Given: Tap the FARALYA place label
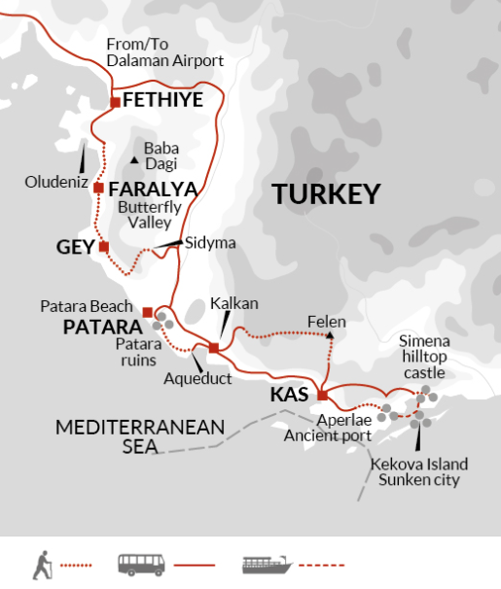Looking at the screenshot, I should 153,189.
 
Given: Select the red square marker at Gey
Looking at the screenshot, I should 103,247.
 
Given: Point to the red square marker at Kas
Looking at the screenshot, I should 322,395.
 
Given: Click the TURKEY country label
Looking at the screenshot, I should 325,194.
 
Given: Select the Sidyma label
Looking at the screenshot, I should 210,243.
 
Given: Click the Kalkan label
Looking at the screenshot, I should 234,303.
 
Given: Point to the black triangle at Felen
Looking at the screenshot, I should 331,336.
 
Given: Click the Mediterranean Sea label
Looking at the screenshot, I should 140,436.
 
